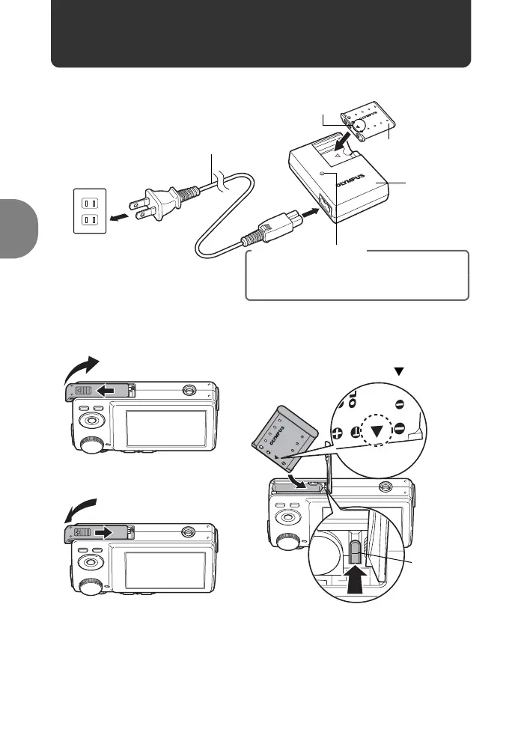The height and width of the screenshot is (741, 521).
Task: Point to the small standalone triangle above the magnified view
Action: pyautogui.click(x=399, y=372)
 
